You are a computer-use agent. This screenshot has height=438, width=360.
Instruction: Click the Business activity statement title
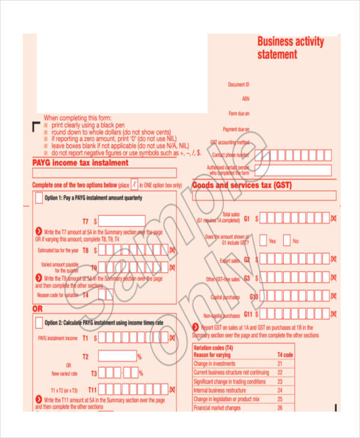tap(290, 48)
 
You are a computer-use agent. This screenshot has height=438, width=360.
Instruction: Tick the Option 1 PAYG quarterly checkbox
tap(40, 199)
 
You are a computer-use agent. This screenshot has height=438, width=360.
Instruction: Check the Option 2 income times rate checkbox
tap(40, 323)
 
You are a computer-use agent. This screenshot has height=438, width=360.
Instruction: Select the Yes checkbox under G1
tap(263, 240)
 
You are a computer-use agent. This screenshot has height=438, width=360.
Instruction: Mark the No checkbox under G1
tap(287, 240)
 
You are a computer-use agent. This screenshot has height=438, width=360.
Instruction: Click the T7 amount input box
tap(122, 221)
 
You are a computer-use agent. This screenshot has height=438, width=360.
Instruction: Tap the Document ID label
tap(238, 85)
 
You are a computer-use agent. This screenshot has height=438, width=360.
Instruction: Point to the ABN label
tap(245, 98)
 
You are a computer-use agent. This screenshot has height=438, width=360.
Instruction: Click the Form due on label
tap(238, 113)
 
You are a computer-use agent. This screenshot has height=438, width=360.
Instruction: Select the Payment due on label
tap(236, 129)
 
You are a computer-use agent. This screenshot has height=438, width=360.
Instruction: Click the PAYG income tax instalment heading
tap(80, 163)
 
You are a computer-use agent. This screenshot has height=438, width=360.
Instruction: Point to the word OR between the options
tap(37, 308)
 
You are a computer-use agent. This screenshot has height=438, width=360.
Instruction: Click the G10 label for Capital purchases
tap(254, 297)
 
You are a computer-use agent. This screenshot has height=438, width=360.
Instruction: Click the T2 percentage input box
tap(117, 356)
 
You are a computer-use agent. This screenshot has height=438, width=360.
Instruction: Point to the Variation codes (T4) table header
tap(213, 347)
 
